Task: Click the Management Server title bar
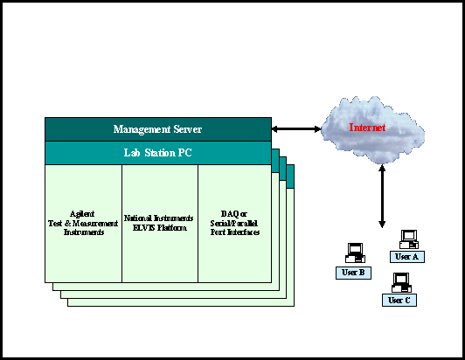(158, 129)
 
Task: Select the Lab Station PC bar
(158, 153)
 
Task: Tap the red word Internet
(367, 128)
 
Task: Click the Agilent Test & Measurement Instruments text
(83, 223)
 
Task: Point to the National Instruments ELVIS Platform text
(159, 223)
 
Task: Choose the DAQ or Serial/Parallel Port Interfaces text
(234, 223)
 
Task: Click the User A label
(407, 257)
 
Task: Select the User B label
(353, 273)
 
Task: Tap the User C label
(399, 300)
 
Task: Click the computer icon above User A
(409, 239)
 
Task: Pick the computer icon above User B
(355, 253)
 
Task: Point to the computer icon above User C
(401, 282)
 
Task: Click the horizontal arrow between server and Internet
(296, 129)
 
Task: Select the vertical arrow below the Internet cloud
(382, 197)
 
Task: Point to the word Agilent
(82, 214)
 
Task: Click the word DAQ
(228, 214)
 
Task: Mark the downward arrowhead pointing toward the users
(382, 225)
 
